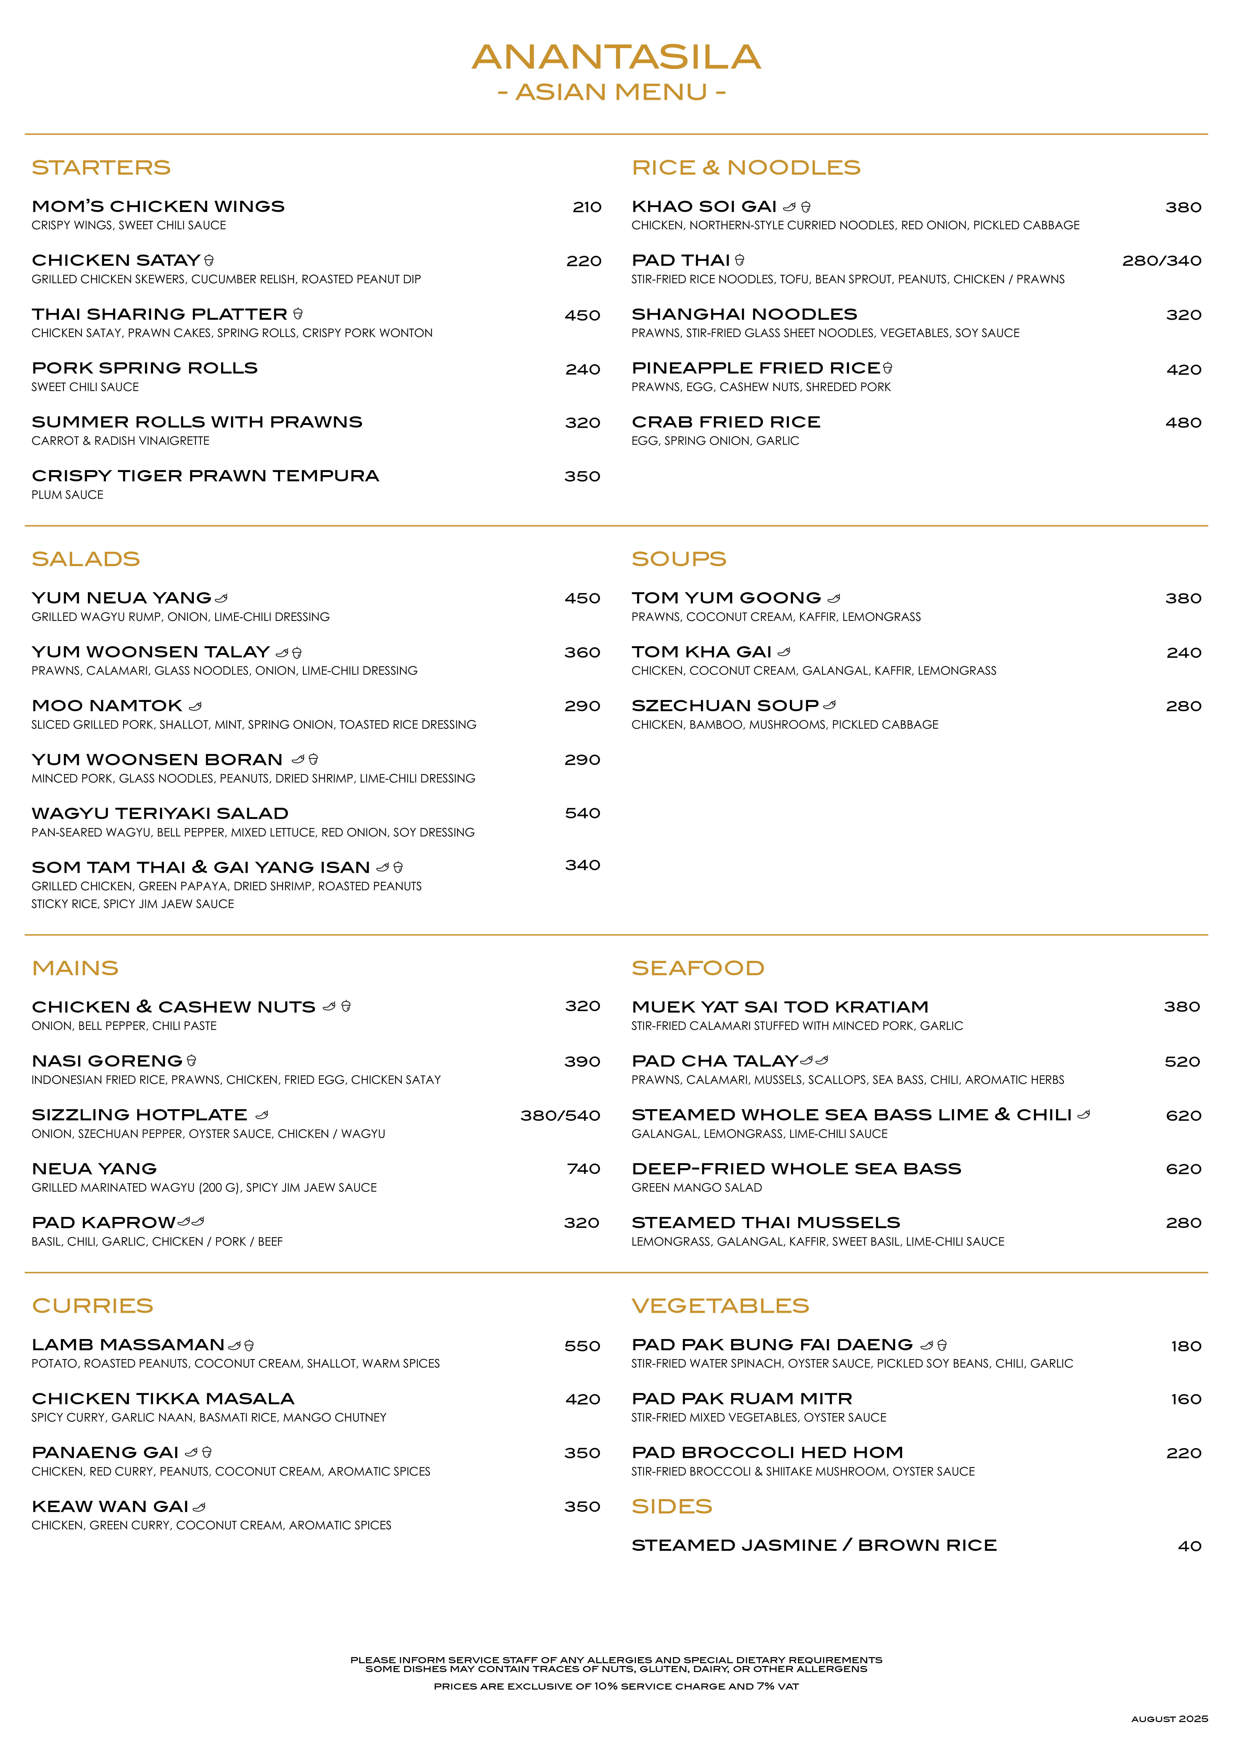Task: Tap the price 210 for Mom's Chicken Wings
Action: [587, 207]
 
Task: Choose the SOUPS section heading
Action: [679, 559]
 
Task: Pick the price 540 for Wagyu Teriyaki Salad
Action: [582, 813]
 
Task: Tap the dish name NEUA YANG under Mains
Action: [94, 1169]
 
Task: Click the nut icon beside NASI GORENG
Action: [191, 1060]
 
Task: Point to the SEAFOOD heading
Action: [698, 968]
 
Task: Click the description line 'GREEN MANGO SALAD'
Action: [696, 1188]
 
